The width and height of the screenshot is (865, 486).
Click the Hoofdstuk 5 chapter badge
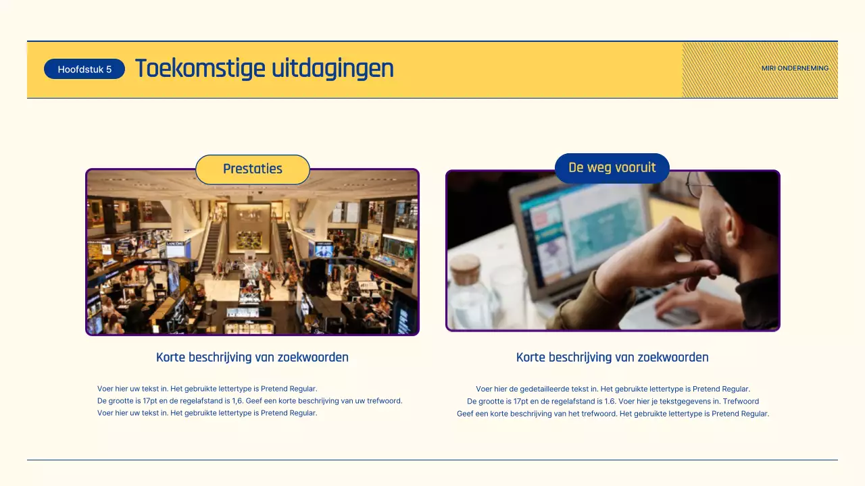coord(84,69)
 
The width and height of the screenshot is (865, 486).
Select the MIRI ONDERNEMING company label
coord(795,68)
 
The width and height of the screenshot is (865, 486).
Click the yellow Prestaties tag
coord(253,169)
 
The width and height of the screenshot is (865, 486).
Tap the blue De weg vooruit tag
coord(612,167)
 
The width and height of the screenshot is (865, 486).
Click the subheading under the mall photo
coord(252,357)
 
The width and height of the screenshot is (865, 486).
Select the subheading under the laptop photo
coord(612,357)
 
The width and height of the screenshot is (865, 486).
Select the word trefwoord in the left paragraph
coord(385,401)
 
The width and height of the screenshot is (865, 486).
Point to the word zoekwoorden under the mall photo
coord(315,357)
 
